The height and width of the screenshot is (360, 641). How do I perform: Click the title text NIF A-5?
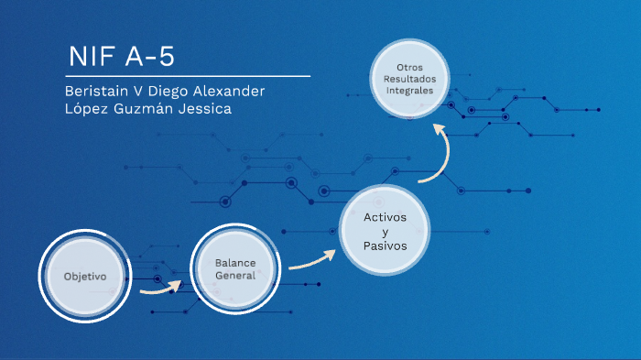[x=121, y=57]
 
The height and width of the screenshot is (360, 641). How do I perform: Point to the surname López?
[x=90, y=109]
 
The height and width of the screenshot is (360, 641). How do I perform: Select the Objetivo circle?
[x=85, y=276]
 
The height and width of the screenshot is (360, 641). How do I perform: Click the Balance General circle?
[x=234, y=269]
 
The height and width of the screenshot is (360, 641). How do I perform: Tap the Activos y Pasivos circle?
[x=385, y=232]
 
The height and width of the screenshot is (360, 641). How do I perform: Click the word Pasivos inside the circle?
[x=385, y=247]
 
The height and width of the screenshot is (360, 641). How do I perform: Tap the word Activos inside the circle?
[x=385, y=217]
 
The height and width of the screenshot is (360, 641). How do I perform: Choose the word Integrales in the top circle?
[x=409, y=92]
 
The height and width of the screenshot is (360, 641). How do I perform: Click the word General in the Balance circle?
[x=234, y=276]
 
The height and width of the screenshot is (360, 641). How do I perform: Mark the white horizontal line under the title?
[x=187, y=76]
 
